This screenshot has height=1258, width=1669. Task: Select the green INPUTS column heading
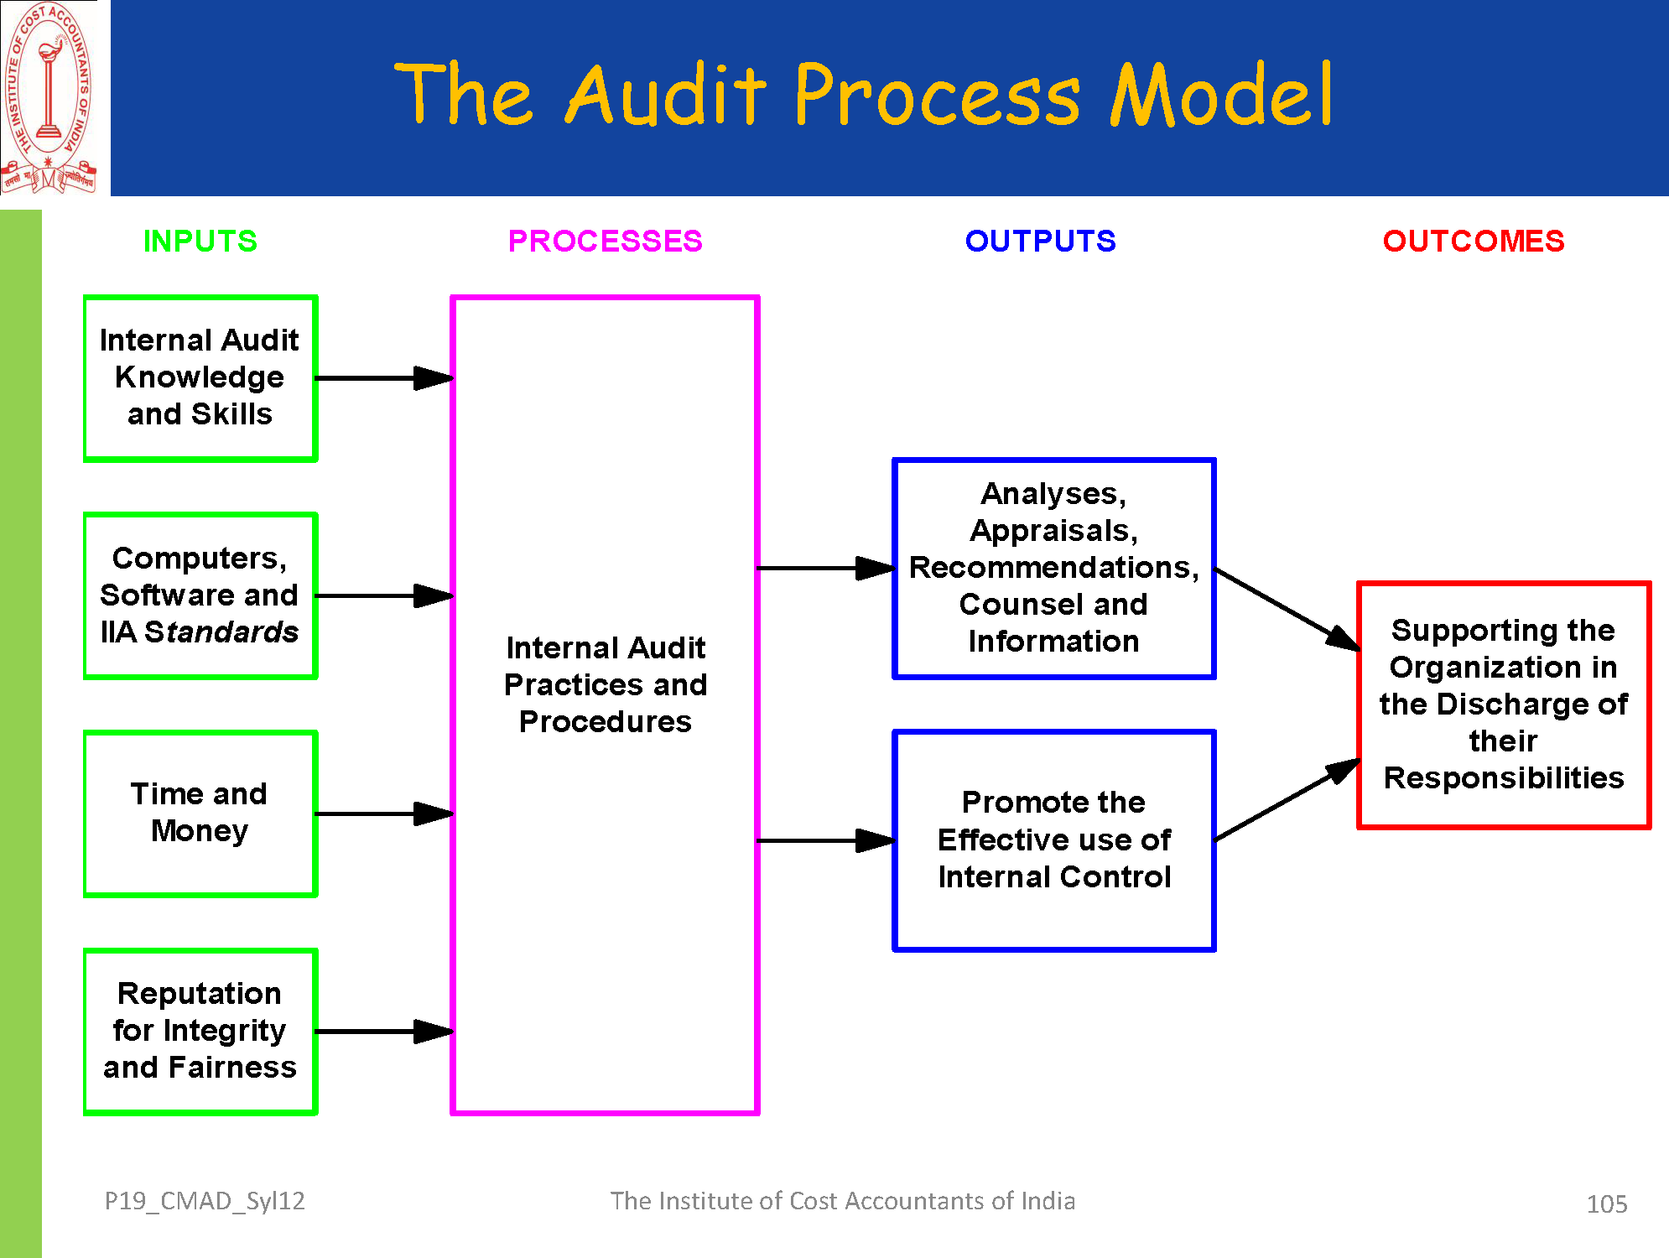(x=200, y=242)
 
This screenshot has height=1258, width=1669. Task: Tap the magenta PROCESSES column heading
(x=605, y=242)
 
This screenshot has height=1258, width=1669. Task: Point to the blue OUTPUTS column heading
(x=1040, y=242)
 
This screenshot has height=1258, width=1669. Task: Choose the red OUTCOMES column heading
(x=1473, y=242)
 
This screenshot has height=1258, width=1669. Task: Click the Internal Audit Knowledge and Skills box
(x=200, y=378)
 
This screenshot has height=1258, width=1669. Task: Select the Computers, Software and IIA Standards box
(x=200, y=595)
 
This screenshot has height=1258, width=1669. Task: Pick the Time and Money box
(x=200, y=814)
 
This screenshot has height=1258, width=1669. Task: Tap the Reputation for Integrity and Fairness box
(x=200, y=1032)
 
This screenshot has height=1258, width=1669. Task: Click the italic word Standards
(x=221, y=632)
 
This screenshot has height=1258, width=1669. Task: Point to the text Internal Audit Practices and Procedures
(x=605, y=684)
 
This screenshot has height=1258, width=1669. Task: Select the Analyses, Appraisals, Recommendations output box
(x=1053, y=568)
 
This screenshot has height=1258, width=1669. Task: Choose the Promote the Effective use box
(x=1053, y=840)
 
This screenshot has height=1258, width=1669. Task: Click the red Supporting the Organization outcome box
(x=1503, y=704)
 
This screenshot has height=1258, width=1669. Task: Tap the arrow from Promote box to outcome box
(x=1287, y=799)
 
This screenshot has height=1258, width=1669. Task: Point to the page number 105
(x=1606, y=1204)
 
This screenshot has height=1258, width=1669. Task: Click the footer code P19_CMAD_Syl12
(x=205, y=1201)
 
